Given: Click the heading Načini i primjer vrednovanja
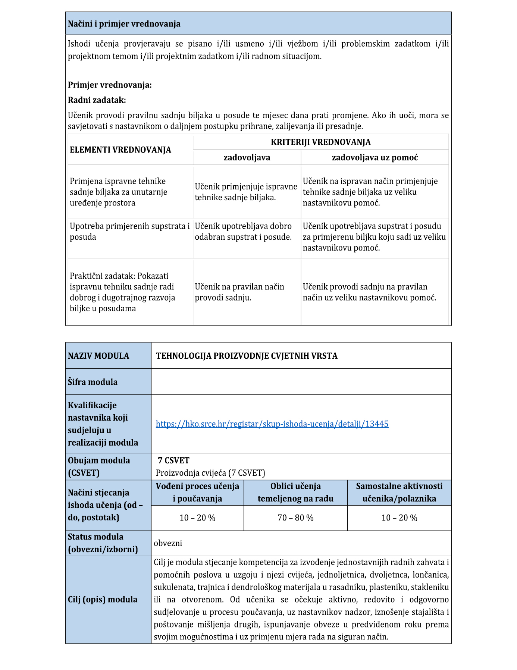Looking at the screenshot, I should [x=124, y=24].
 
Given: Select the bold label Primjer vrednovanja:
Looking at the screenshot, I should [x=110, y=85].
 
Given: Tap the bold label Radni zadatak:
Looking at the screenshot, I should [x=97, y=100].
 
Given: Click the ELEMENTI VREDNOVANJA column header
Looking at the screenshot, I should [x=120, y=150].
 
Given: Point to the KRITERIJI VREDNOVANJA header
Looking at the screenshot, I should [x=320, y=142].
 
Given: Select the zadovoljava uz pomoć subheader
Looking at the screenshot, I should [x=375, y=157].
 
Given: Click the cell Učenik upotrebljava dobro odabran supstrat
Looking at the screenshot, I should [x=243, y=232].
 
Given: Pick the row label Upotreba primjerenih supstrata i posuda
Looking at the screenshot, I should [x=129, y=232].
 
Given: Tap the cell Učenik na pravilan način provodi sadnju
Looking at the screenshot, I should [x=239, y=292].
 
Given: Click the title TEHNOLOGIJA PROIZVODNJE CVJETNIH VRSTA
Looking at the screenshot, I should [x=247, y=356].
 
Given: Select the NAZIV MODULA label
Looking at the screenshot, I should [x=98, y=356].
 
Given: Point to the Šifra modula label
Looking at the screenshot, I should [x=93, y=382].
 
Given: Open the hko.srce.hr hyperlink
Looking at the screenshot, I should [x=272, y=424].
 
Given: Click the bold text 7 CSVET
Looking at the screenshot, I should [x=173, y=460].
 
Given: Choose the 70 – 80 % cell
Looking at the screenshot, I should [x=295, y=518].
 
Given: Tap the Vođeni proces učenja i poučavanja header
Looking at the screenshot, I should [x=197, y=492].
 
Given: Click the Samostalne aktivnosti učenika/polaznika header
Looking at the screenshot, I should [x=399, y=492].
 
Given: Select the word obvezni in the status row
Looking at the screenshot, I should [x=168, y=543].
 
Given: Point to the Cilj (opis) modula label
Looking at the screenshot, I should [x=103, y=600].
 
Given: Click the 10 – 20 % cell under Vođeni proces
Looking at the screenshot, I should [x=197, y=518].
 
